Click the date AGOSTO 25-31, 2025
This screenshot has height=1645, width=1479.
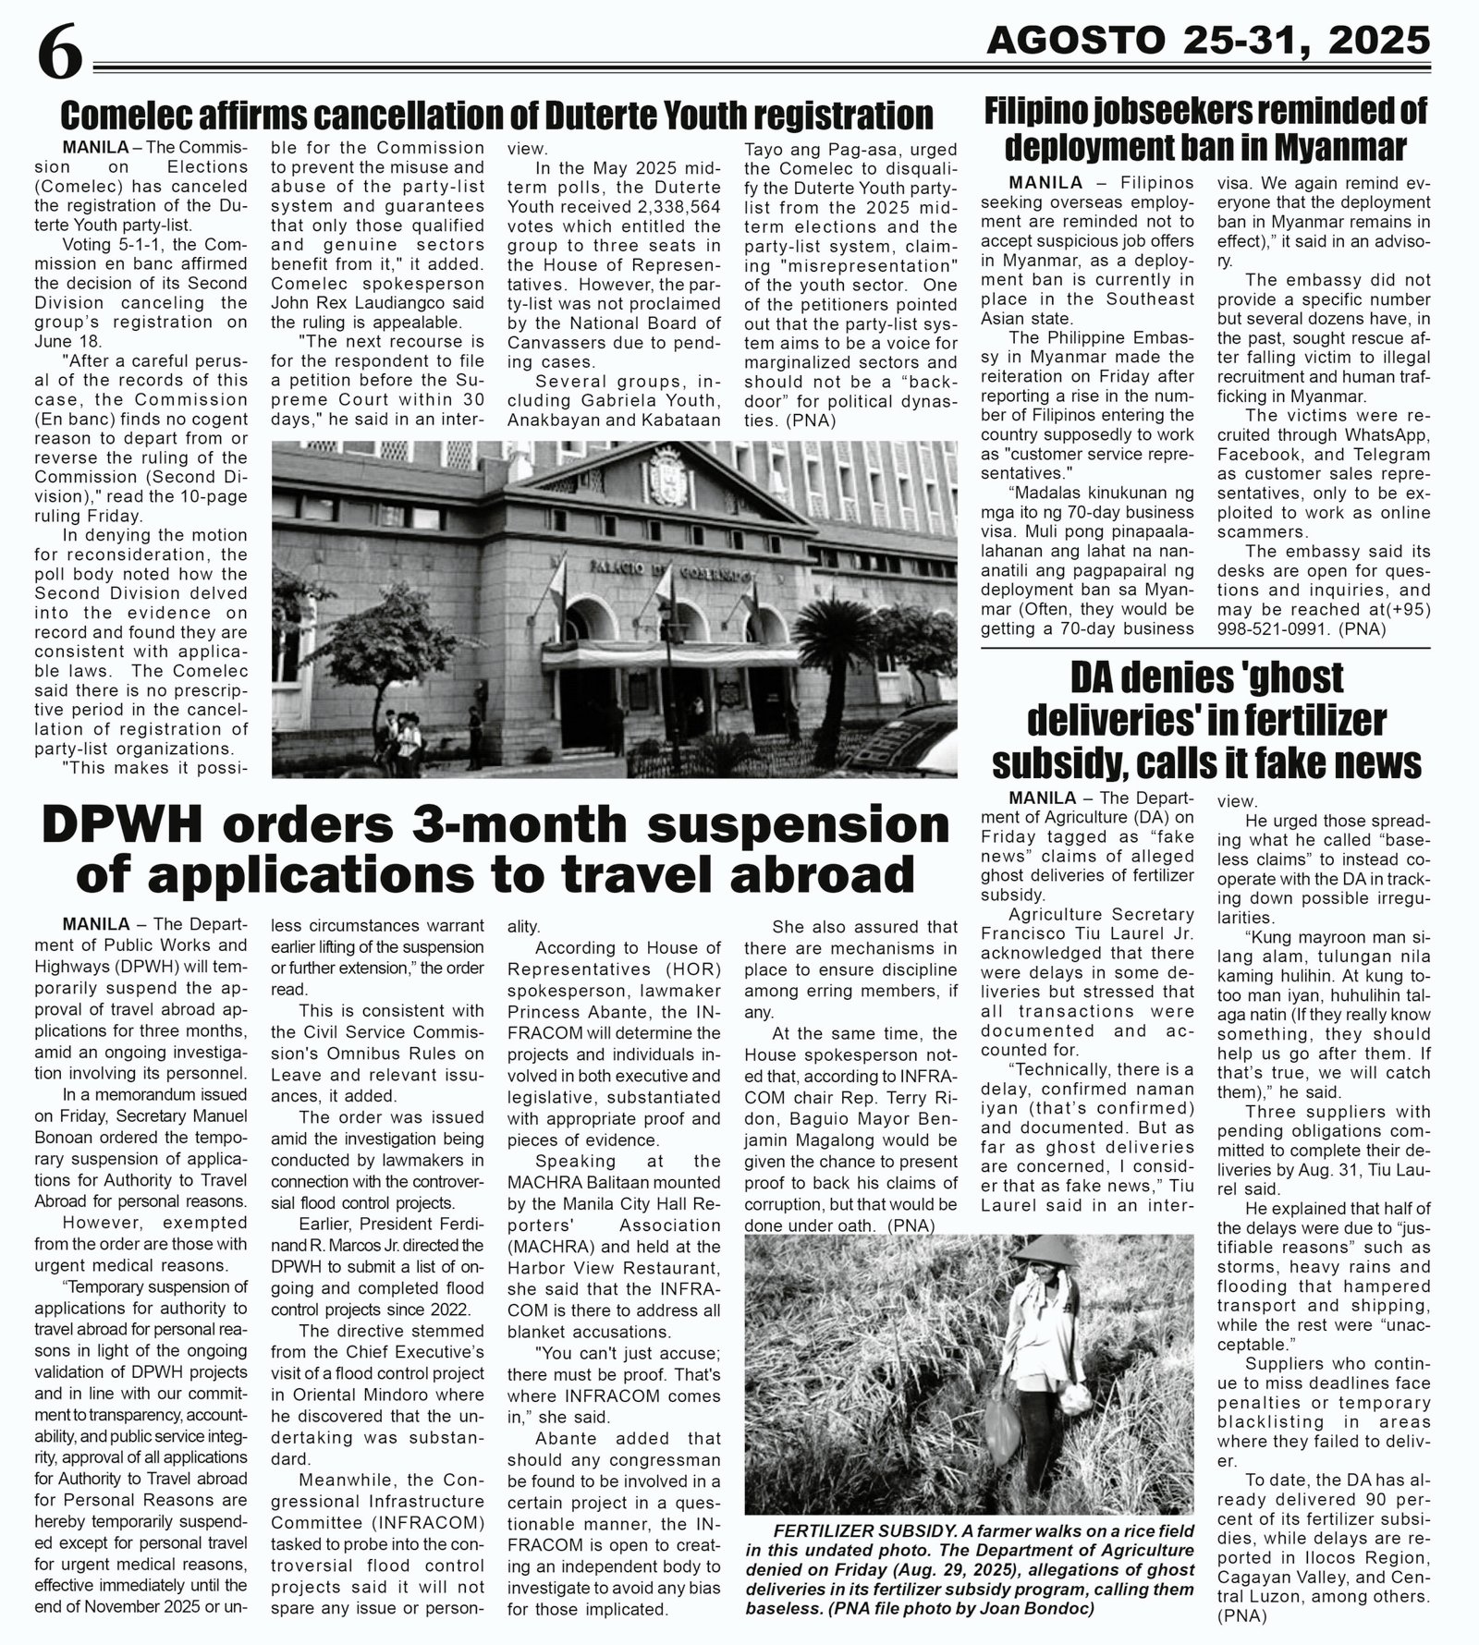coord(1207,40)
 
